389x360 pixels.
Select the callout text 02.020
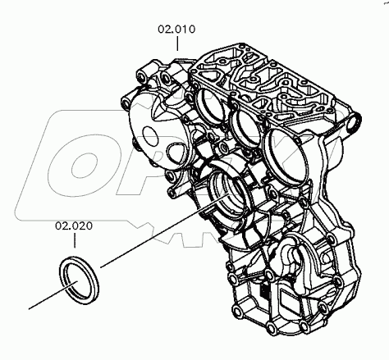(x=74, y=224)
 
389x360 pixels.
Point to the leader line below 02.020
(x=75, y=239)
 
